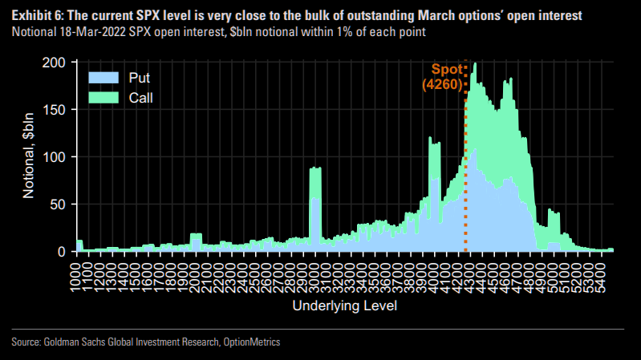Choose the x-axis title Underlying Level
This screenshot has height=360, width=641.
345,307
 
